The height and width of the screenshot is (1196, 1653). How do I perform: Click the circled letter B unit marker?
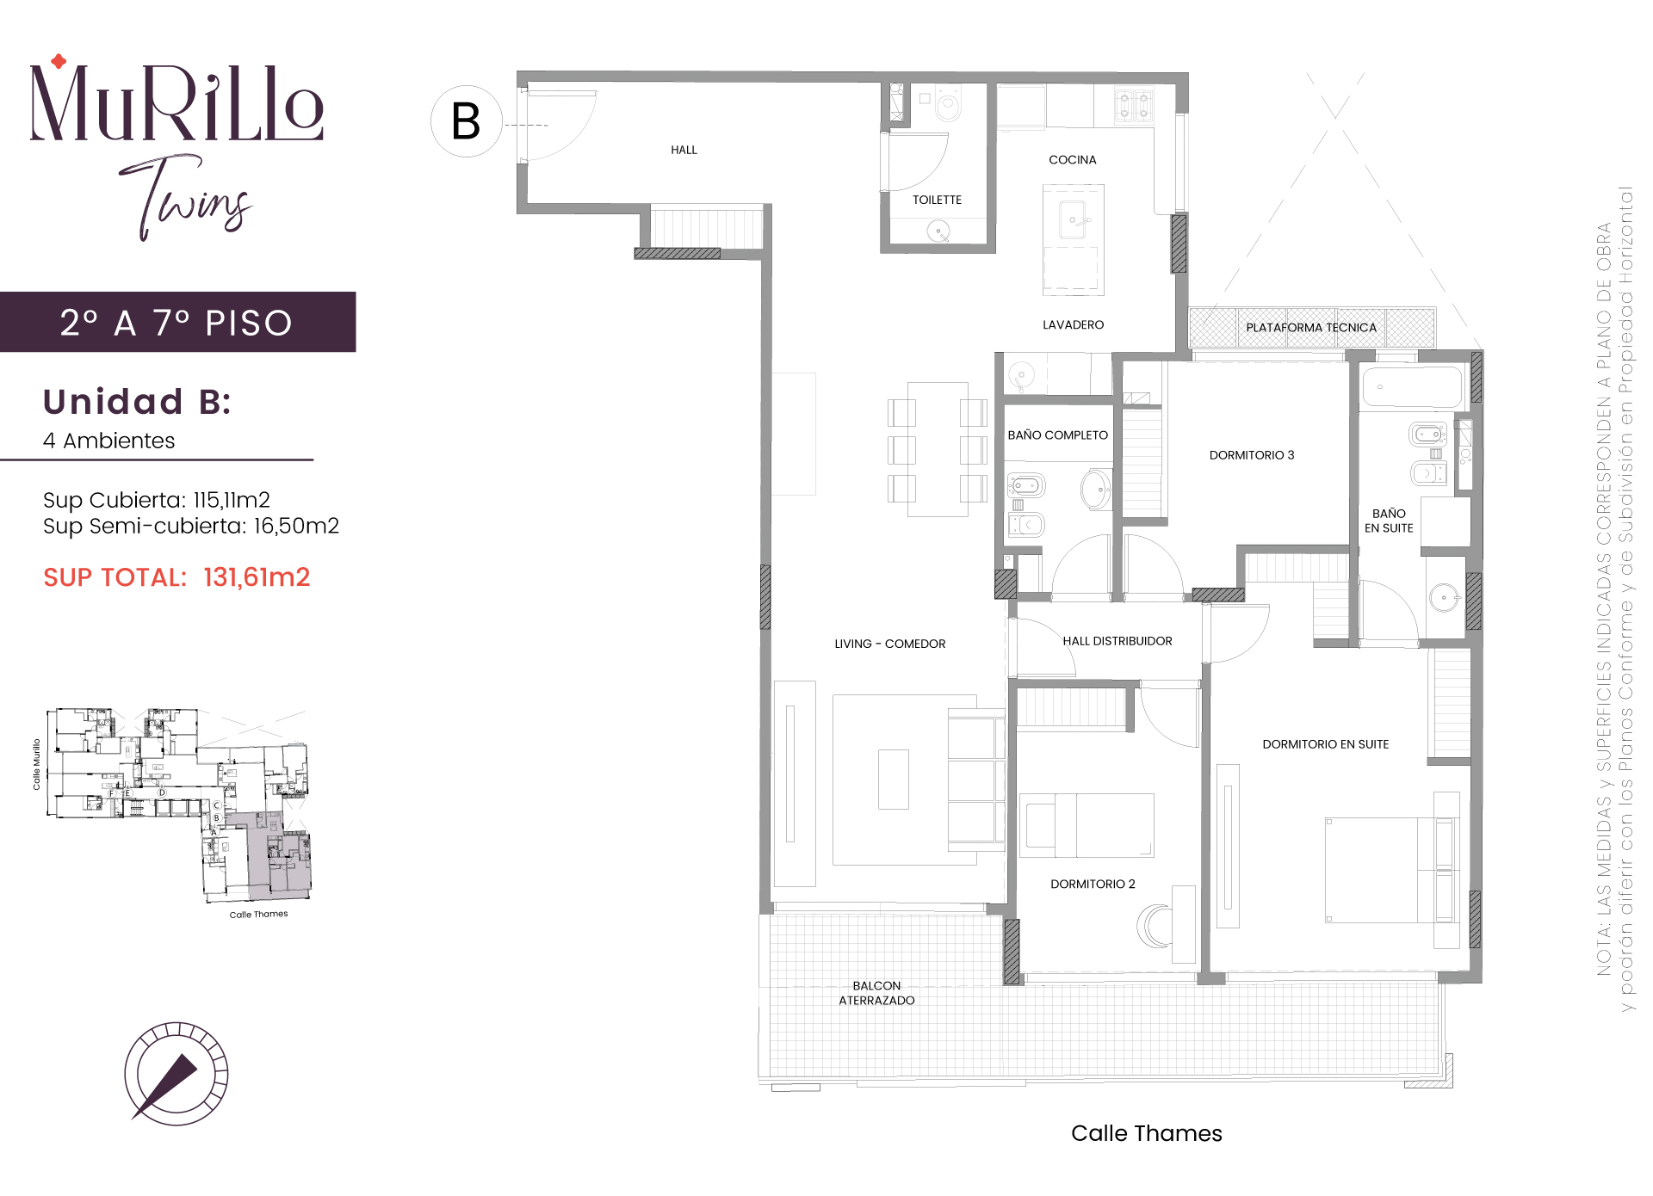click(x=466, y=121)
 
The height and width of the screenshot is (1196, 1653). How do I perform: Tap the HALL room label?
click(x=684, y=150)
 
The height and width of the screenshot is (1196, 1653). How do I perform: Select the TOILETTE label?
click(x=937, y=200)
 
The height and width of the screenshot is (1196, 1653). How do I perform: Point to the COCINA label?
click(x=1073, y=160)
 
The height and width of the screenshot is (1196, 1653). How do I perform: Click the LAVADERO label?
click(x=1073, y=324)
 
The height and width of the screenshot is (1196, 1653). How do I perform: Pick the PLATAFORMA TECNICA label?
click(x=1311, y=328)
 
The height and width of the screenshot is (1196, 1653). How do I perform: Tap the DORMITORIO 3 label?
click(x=1252, y=455)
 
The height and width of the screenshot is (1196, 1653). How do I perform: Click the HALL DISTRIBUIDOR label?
click(x=1117, y=641)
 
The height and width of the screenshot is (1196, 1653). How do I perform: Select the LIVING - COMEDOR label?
click(x=890, y=644)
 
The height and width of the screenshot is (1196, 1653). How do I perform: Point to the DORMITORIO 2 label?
click(x=1093, y=884)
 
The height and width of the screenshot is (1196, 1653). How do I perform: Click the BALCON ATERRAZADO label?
click(x=876, y=993)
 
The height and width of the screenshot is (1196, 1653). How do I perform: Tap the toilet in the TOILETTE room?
click(x=948, y=107)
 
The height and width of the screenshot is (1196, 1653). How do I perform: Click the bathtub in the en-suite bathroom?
click(x=1412, y=387)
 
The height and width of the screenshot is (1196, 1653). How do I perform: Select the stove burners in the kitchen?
click(x=1134, y=107)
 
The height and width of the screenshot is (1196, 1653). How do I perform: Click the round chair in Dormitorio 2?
click(x=1155, y=927)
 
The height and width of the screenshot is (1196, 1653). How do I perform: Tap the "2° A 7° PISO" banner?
click(x=177, y=323)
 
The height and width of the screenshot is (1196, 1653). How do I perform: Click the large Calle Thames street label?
click(x=1147, y=1133)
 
